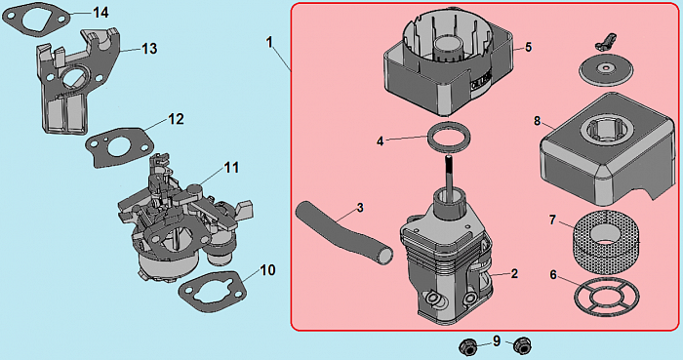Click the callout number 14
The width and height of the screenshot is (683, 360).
[x=100, y=12]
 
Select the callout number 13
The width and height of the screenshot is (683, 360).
[x=149, y=49]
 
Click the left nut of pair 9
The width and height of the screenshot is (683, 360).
[x=467, y=347]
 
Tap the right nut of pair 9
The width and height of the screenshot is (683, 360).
[x=522, y=346]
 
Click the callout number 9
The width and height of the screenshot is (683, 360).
[x=497, y=341]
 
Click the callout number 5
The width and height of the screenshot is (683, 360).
[x=529, y=47]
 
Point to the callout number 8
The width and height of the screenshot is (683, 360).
[x=538, y=121]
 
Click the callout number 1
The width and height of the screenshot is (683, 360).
[x=269, y=42]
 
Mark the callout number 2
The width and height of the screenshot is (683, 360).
[x=514, y=273]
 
